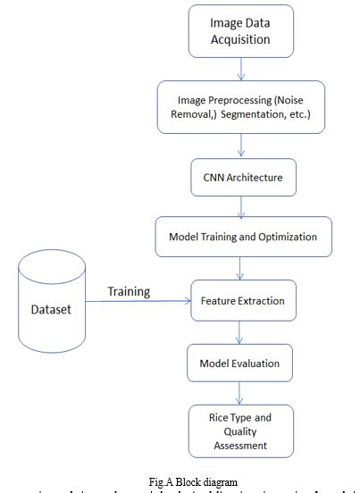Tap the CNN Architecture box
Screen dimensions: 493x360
tap(237, 178)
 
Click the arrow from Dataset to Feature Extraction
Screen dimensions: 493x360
tap(143, 302)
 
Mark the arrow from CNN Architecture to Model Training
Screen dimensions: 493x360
tap(239, 207)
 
